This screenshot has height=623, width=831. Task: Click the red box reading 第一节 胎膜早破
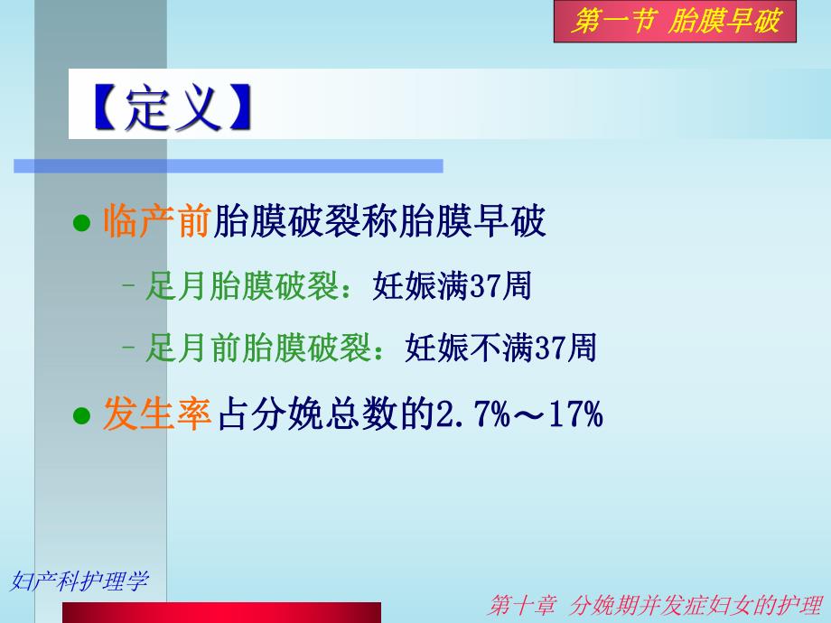click(675, 22)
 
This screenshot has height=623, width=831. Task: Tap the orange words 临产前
click(156, 220)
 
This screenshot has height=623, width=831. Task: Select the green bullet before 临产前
click(82, 222)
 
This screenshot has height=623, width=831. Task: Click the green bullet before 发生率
click(82, 416)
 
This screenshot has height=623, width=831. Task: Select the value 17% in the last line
click(574, 415)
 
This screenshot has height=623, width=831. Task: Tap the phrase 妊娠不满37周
click(501, 348)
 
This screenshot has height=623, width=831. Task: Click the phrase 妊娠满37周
click(452, 286)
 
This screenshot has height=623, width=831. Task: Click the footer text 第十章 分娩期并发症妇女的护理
click(655, 606)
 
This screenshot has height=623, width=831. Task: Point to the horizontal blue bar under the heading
click(228, 165)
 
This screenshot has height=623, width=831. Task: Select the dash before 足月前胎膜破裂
click(128, 349)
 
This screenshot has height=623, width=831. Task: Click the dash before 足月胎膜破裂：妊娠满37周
click(128, 287)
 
